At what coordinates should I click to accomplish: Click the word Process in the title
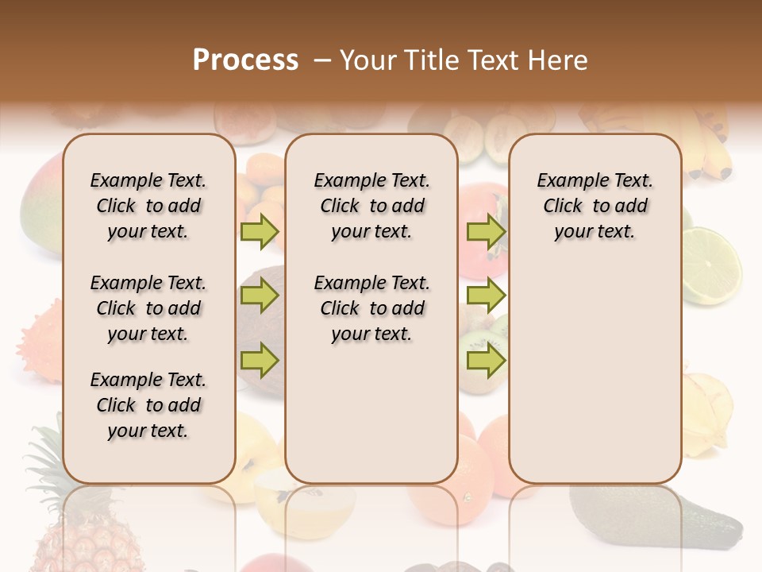pos(245,60)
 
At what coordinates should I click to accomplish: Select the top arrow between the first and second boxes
pos(260,231)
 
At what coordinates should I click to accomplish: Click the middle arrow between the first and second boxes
pos(260,296)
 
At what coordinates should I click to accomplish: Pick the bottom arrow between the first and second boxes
pos(260,361)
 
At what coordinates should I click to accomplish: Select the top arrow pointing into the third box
pos(486,231)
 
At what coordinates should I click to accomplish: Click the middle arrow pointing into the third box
pos(486,296)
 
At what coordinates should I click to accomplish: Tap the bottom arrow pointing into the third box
pos(486,361)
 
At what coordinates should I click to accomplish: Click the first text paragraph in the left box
pos(148,206)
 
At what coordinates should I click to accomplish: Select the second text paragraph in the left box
pos(148,308)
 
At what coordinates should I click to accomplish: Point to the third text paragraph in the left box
pos(148,405)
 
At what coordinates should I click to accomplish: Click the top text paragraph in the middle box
pos(371,206)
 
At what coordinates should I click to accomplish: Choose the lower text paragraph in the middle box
pos(371,308)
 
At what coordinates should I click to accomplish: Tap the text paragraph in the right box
pos(595,206)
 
